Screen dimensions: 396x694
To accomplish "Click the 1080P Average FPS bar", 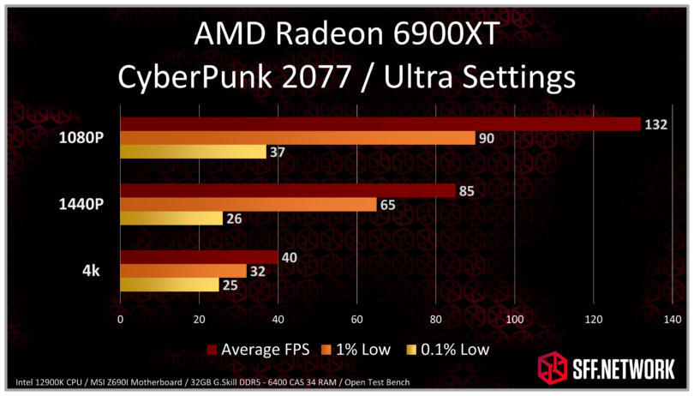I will pyautogui.click(x=380, y=124).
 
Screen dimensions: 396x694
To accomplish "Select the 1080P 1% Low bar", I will pyautogui.click(x=296, y=139).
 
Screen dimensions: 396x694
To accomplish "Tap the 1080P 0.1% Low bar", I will pyautogui.click(x=193, y=153).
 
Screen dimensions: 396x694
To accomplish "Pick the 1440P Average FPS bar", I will pyautogui.click(x=288, y=191).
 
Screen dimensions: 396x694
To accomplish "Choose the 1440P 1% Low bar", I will pyautogui.click(x=248, y=205).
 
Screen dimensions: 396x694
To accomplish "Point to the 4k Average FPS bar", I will pyautogui.click(x=199, y=257).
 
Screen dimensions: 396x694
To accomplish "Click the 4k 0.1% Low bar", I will pyautogui.click(x=169, y=285).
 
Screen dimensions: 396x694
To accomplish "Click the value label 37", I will pyautogui.click(x=279, y=153).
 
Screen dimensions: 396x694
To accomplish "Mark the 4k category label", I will pyautogui.click(x=91, y=271).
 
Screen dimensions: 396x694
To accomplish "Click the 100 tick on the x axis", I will pyautogui.click(x=515, y=319).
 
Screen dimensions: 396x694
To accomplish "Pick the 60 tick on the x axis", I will pyautogui.click(x=356, y=319).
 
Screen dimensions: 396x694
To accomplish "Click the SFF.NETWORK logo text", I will pyautogui.click(x=617, y=369).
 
